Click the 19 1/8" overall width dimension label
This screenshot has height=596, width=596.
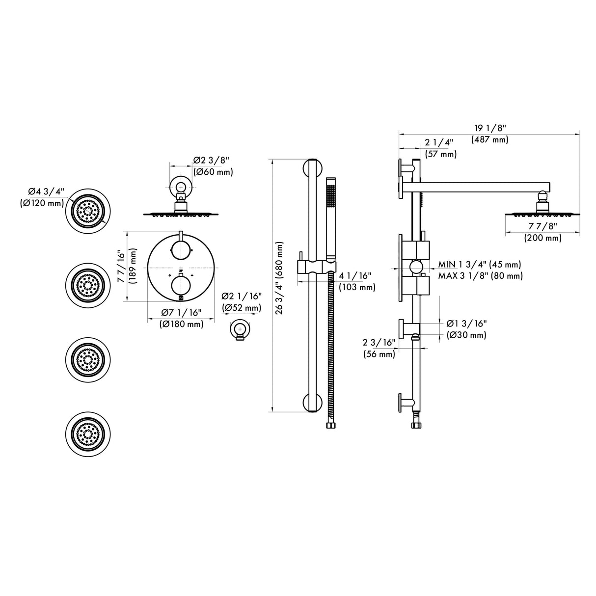pos(489,128)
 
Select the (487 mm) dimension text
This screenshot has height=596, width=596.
pos(489,139)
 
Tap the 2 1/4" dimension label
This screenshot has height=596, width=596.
pos(439,142)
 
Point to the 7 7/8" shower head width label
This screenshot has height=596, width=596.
pos(542,226)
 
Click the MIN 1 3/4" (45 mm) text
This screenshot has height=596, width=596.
pos(479,265)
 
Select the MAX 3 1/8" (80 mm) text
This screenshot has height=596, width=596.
pos(480,276)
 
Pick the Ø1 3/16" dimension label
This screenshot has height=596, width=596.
pos(466,323)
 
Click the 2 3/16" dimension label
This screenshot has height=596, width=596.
pos(379,342)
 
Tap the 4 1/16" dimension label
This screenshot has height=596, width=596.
pos(355,275)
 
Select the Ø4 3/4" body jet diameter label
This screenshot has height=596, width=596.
pos(44,191)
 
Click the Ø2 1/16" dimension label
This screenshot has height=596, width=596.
pos(242,296)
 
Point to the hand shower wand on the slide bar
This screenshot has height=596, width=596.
pos(331,216)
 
